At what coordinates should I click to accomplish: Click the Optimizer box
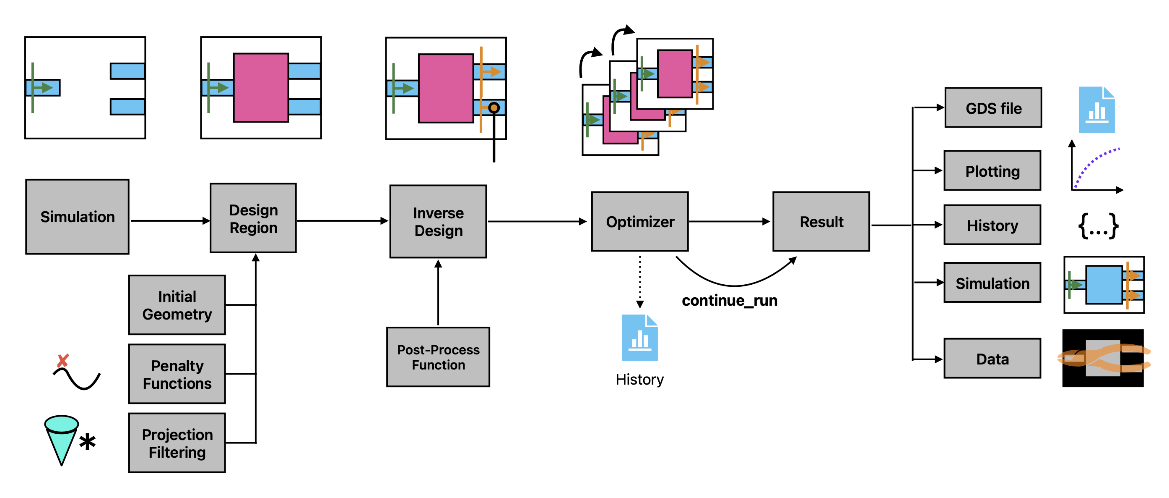click(x=639, y=221)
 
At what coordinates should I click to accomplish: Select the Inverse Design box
click(x=438, y=221)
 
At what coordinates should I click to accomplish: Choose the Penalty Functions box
click(x=177, y=374)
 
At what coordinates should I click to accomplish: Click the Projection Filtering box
click(x=177, y=443)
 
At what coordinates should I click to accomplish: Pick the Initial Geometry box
click(x=177, y=305)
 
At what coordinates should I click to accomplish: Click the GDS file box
click(x=993, y=107)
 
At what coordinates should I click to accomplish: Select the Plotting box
click(x=992, y=170)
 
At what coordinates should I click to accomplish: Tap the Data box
click(x=992, y=359)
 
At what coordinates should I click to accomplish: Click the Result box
click(x=821, y=221)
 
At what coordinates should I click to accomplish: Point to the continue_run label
click(x=729, y=300)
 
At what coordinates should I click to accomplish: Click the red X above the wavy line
click(x=62, y=361)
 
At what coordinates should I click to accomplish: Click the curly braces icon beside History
click(x=1098, y=226)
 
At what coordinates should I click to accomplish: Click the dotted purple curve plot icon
click(x=1096, y=168)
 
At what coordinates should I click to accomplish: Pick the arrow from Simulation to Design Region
click(x=170, y=221)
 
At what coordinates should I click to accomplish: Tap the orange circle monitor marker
click(x=494, y=107)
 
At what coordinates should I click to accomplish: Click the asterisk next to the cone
click(x=87, y=442)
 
